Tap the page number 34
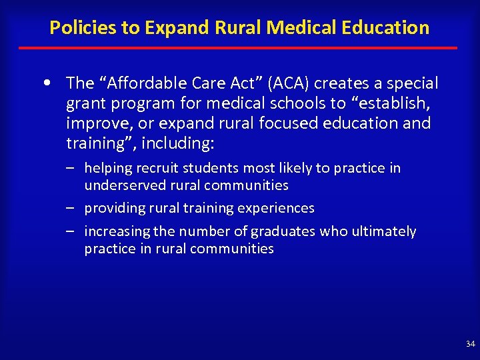click(x=471, y=344)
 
